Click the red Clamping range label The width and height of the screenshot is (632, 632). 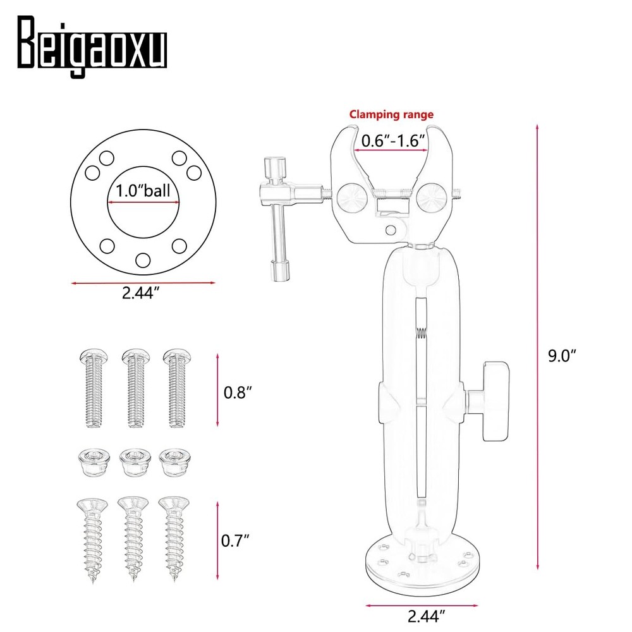tap(392, 114)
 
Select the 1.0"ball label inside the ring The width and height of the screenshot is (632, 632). tap(143, 191)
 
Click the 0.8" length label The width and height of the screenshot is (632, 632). tap(238, 392)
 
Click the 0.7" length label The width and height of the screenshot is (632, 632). tap(236, 541)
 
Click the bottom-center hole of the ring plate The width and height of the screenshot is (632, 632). tap(143, 258)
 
